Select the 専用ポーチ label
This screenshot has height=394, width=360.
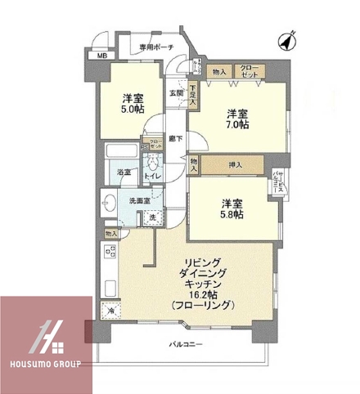[155, 47]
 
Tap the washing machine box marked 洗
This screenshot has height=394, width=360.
[152, 218]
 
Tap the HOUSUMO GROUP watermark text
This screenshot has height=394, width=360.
[45, 364]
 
